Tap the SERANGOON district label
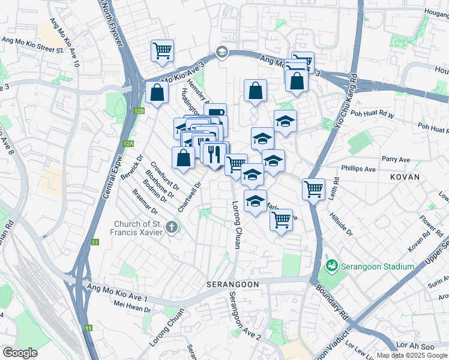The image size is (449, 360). click(x=232, y=284)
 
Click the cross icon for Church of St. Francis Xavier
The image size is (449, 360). click(x=172, y=227)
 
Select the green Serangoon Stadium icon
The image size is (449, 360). click(x=330, y=265)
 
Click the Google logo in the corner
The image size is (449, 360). click(x=20, y=352)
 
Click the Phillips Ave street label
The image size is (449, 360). click(x=358, y=169)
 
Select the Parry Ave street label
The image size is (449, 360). click(x=396, y=160)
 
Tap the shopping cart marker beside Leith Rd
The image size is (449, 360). click(x=313, y=190)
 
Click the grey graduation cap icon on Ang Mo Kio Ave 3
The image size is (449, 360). click(x=221, y=52)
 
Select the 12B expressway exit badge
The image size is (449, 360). click(x=139, y=111)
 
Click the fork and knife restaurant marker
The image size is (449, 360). click(x=214, y=154)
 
